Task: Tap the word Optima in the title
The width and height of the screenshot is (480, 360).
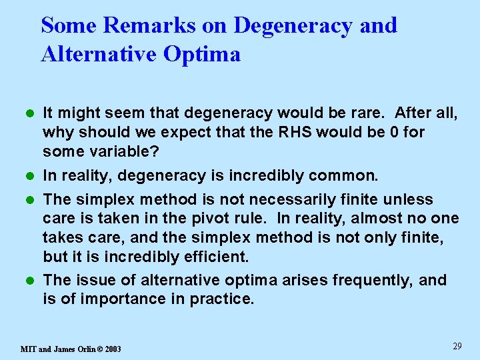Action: (x=203, y=53)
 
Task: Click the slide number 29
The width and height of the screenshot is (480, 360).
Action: (x=457, y=345)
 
